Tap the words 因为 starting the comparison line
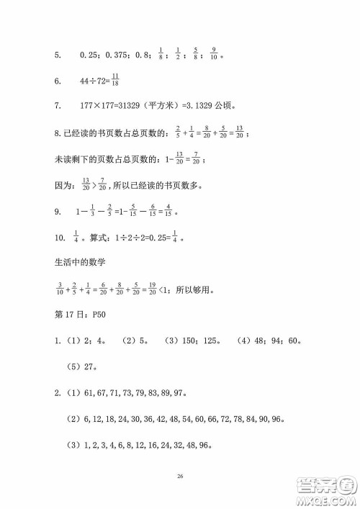point(44,185)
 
